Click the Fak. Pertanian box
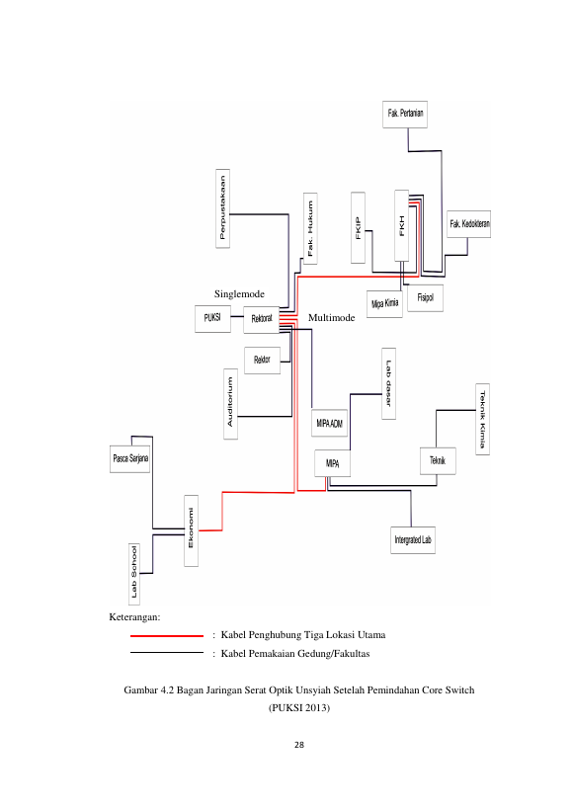pyautogui.click(x=405, y=114)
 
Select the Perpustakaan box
pyautogui.click(x=222, y=207)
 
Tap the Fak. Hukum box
pyautogui.click(x=310, y=228)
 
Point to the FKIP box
pyautogui.click(x=358, y=227)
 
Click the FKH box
pyautogui.click(x=402, y=225)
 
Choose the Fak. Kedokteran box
pyautogui.click(x=469, y=224)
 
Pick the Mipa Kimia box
pyautogui.click(x=384, y=303)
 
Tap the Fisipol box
pyautogui.click(x=425, y=297)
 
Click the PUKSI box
pyautogui.click(x=212, y=318)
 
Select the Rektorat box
pyautogui.click(x=262, y=319)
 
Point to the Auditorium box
pyautogui.click(x=230, y=403)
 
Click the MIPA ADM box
pyautogui.click(x=330, y=423)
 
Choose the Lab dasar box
pyautogui.click(x=388, y=383)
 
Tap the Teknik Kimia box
pyautogui.click(x=482, y=419)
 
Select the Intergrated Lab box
pyautogui.click(x=413, y=540)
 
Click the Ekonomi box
pyautogui.click(x=191, y=530)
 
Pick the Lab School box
pyautogui.click(x=134, y=574)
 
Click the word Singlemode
pyautogui.click(x=239, y=294)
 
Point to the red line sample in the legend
pyautogui.click(x=167, y=636)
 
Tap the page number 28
pyautogui.click(x=299, y=745)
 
